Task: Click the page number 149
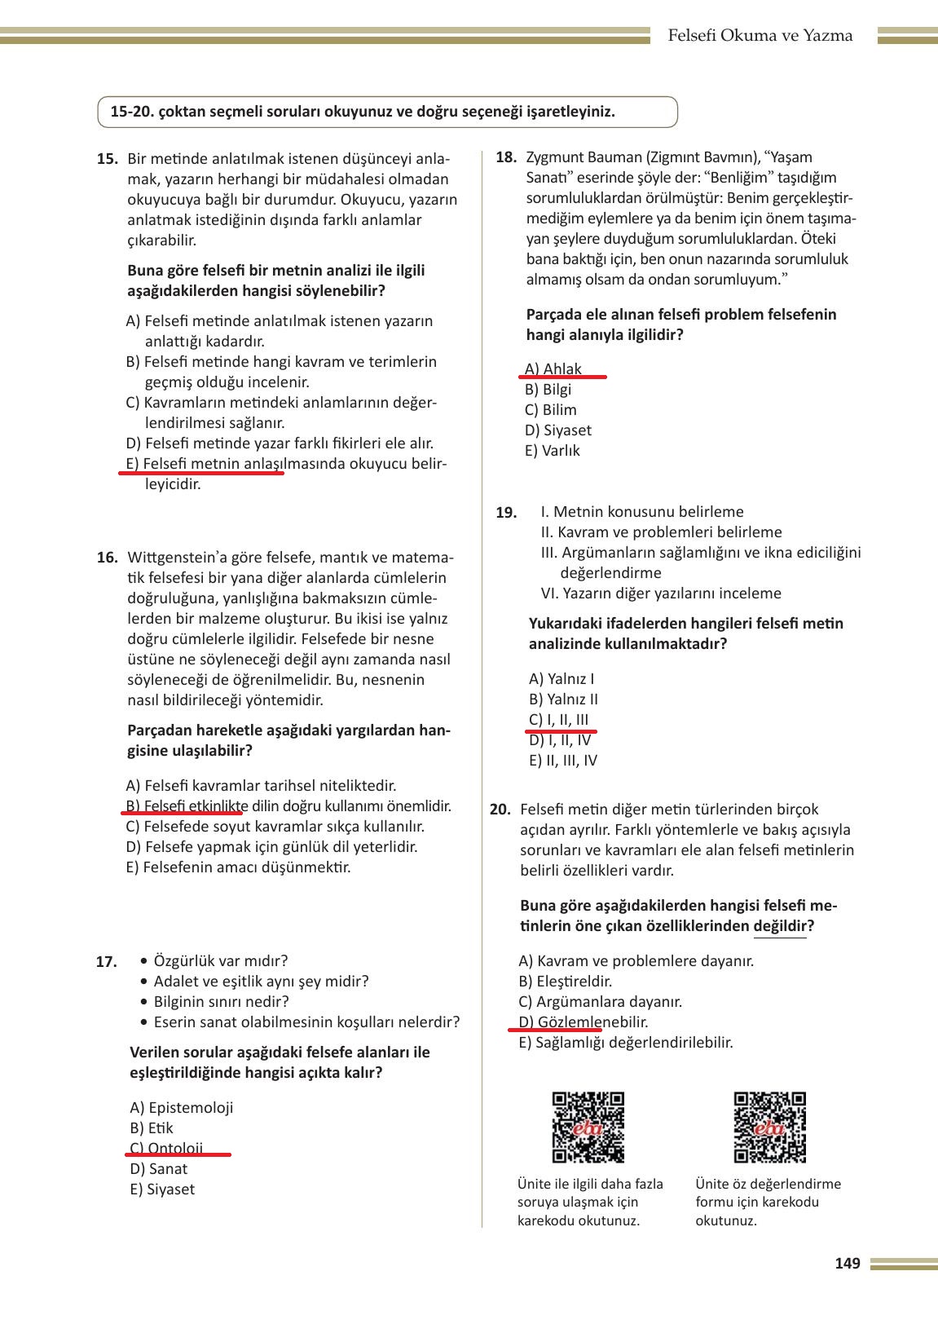[x=848, y=1264]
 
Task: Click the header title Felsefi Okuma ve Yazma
[x=760, y=36]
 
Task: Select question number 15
[x=108, y=159]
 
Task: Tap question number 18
[x=506, y=157]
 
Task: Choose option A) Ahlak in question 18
[x=553, y=369]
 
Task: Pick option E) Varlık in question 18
[x=552, y=451]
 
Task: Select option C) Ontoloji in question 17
[x=167, y=1149]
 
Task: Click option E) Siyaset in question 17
[x=162, y=1189]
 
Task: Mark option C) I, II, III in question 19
[x=558, y=720]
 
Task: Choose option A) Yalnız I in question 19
[x=561, y=679]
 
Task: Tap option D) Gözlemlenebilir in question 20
[x=583, y=1022]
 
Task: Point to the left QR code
[x=588, y=1128]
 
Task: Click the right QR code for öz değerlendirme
[x=769, y=1128]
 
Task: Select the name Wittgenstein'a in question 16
[x=173, y=558]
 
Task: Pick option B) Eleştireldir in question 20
[x=565, y=982]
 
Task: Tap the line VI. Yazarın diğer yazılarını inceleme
[x=661, y=594]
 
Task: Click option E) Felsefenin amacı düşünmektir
[x=239, y=867]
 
